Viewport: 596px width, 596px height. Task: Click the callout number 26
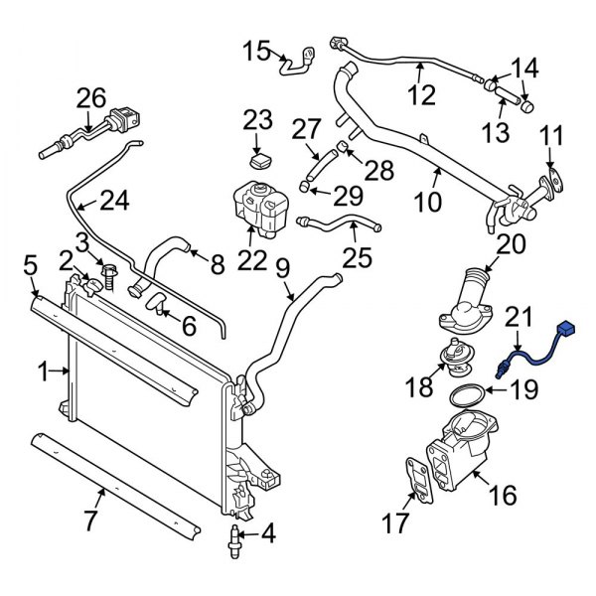coord(90,97)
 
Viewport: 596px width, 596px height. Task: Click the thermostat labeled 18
coord(457,352)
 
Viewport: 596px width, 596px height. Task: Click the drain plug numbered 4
coord(236,537)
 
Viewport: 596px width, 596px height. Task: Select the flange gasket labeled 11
coord(553,183)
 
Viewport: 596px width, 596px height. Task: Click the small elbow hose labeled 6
coord(156,305)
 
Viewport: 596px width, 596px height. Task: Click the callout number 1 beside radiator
coord(43,372)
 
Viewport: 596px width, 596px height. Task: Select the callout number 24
coord(114,202)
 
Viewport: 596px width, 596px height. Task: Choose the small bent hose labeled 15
coord(295,63)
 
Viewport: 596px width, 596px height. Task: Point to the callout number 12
coord(421,95)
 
